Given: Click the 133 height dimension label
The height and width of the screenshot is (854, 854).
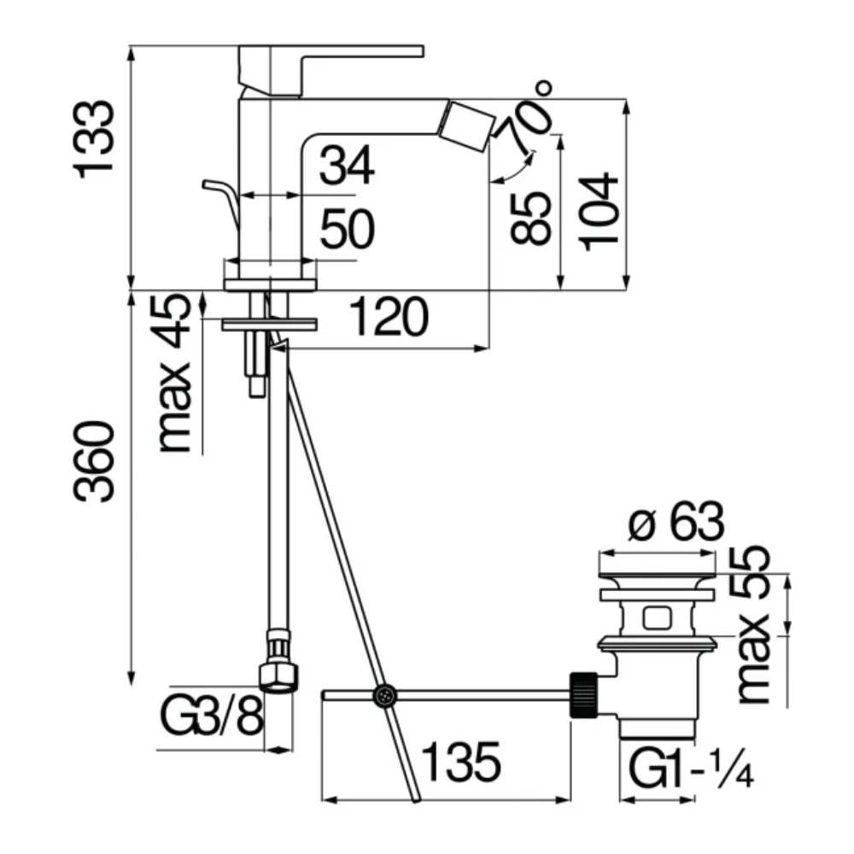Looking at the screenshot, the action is click(94, 139).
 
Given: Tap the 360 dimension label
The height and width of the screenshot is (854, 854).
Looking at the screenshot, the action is click(94, 461).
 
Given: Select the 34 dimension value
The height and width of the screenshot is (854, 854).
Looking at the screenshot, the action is click(347, 165).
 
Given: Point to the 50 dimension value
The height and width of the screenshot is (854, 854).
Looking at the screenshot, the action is click(348, 228).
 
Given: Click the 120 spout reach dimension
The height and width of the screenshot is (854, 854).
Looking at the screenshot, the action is click(389, 316).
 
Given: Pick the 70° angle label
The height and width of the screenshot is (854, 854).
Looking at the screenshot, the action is click(524, 118).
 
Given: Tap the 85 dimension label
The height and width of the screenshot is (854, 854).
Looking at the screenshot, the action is click(531, 217).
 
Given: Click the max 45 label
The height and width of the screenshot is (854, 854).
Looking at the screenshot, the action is click(175, 374).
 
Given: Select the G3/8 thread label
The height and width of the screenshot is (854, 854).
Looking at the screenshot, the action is click(213, 716).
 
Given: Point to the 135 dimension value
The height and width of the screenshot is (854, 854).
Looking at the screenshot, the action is click(461, 762).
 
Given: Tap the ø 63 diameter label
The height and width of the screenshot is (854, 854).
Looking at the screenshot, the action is click(676, 521).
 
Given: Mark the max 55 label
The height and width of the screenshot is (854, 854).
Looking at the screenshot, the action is click(752, 625).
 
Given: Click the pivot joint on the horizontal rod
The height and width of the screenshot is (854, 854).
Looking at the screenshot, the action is click(384, 695).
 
